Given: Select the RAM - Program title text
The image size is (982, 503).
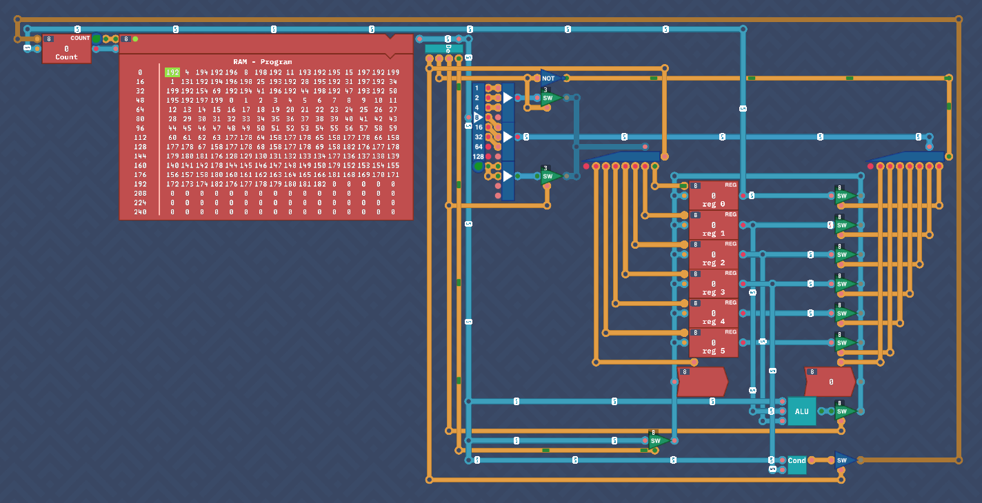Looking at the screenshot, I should pos(262,61).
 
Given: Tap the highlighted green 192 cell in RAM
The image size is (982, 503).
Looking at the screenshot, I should pos(172,72).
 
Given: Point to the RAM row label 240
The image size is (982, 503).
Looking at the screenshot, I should pos(140,212).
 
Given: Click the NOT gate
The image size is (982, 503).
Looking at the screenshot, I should pos(550,79).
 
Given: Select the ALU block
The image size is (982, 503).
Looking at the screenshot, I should pos(801,411).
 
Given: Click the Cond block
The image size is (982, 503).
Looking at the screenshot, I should pos(796,461).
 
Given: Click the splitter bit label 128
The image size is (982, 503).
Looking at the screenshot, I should pos(478,156).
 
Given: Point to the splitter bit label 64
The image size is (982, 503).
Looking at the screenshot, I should pos(478,147).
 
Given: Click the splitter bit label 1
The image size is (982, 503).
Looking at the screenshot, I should pos(477,88).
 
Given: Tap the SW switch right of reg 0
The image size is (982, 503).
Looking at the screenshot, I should pos(843,196).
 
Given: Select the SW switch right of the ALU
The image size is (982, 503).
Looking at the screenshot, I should pos(843,411).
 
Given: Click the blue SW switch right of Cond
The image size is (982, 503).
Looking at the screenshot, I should pos(843,460).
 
